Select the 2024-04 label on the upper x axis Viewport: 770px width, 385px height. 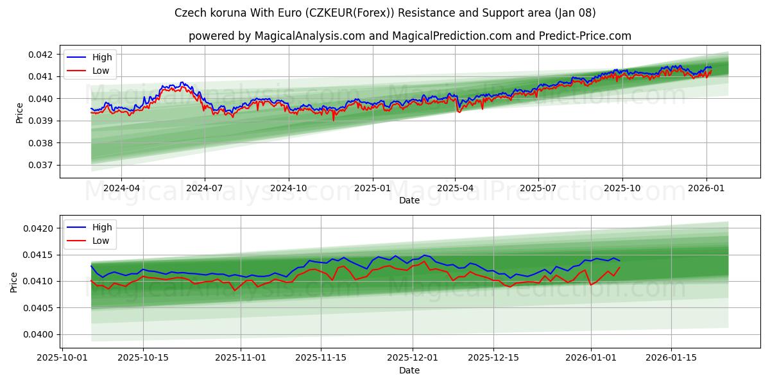coord(121,188)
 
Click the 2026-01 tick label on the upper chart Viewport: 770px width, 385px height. coord(706,188)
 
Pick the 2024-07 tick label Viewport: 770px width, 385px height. coord(205,188)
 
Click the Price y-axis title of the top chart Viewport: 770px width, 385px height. coord(19,112)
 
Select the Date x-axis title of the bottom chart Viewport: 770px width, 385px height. coord(409,370)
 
